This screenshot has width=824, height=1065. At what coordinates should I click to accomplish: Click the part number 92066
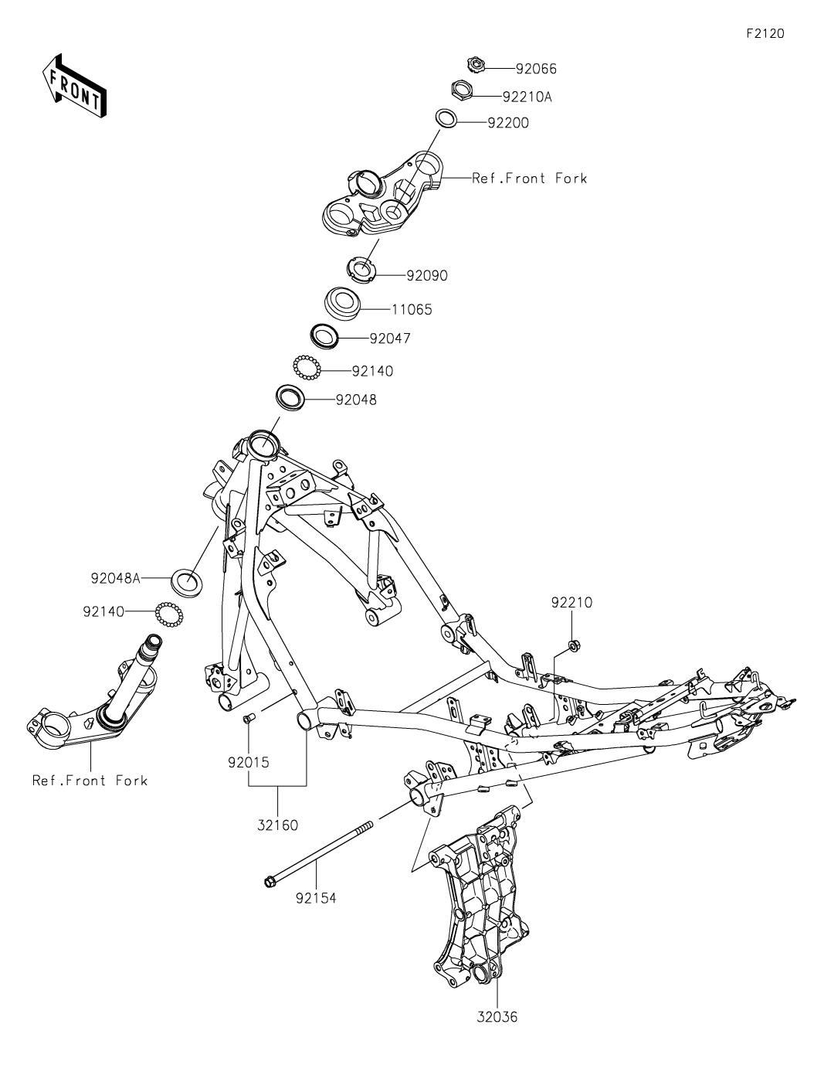(x=536, y=69)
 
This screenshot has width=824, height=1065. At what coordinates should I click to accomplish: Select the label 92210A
(x=527, y=97)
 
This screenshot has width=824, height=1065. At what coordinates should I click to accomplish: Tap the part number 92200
(x=508, y=123)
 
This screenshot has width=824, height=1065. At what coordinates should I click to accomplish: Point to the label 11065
(x=412, y=309)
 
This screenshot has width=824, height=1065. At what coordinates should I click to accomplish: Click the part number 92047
(x=390, y=339)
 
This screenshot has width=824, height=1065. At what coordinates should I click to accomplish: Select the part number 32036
(x=497, y=1016)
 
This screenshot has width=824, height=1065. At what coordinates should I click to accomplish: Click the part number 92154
(x=316, y=898)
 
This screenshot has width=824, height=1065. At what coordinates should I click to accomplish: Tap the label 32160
(x=277, y=825)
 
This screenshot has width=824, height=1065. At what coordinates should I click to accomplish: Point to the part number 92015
(x=248, y=762)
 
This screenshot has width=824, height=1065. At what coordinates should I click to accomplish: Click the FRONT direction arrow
(x=74, y=86)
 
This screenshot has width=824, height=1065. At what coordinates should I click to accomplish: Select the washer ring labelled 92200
(x=446, y=117)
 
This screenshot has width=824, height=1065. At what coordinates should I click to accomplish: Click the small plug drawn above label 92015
(x=247, y=720)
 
